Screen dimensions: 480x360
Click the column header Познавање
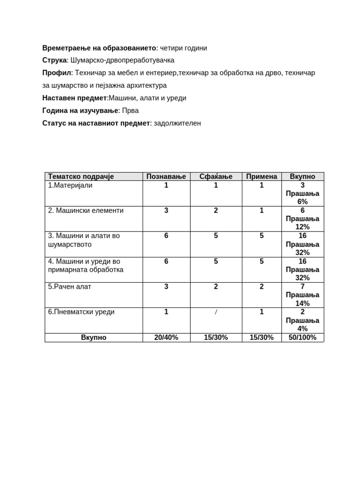pyautogui.click(x=166, y=177)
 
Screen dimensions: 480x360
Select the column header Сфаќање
pyautogui.click(x=216, y=177)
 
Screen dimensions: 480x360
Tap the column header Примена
pyautogui.click(x=262, y=177)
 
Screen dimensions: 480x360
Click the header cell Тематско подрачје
pyautogui.click(x=81, y=177)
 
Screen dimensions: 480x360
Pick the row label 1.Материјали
pyautogui.click(x=70, y=185)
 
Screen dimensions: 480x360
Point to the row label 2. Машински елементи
pyautogui.click(x=86, y=210)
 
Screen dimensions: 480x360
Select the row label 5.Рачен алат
pyautogui.click(x=70, y=286)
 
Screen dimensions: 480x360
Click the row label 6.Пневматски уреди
pyautogui.click(x=81, y=312)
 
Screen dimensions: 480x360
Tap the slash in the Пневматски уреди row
pyautogui.click(x=216, y=312)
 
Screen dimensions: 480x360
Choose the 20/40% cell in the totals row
pyautogui.click(x=166, y=337)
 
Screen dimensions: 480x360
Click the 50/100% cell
pyautogui.click(x=302, y=337)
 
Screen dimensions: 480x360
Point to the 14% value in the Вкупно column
pyautogui.click(x=302, y=303)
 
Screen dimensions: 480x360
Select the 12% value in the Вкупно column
pyautogui.click(x=302, y=227)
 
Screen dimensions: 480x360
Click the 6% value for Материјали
pyautogui.click(x=302, y=202)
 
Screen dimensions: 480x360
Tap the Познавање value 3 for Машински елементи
pyautogui.click(x=166, y=210)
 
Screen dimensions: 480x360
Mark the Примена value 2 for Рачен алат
pyautogui.click(x=262, y=286)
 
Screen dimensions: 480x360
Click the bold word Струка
pyautogui.click(x=55, y=60)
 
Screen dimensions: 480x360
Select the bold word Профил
pyautogui.click(x=56, y=73)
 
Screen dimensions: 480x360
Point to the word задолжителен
pyautogui.click(x=177, y=123)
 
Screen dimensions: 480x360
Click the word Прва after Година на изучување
pyautogui.click(x=130, y=111)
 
